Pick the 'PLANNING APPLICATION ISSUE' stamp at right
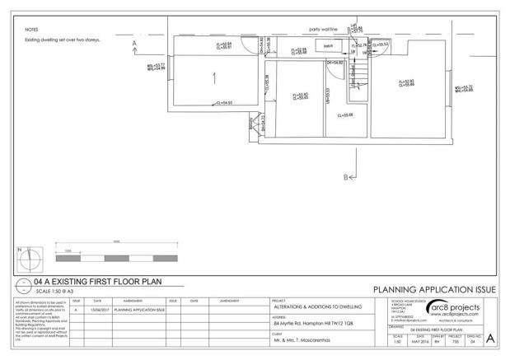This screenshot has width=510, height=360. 434,290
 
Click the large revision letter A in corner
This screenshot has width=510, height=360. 491,339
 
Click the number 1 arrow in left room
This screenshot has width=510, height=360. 215,78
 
